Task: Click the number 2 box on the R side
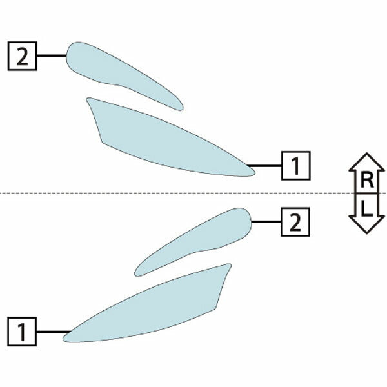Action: (x=22, y=56)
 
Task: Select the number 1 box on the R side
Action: (x=296, y=166)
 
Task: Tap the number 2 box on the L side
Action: (x=295, y=222)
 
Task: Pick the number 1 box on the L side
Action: (x=22, y=332)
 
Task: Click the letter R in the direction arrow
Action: (x=367, y=180)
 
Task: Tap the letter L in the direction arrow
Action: (x=366, y=208)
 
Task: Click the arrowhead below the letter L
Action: (x=367, y=224)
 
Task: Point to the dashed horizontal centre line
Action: (x=193, y=193)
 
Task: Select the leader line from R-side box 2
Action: (x=52, y=55)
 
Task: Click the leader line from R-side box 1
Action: (x=264, y=166)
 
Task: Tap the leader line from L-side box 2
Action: (x=266, y=222)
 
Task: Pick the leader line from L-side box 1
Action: (x=54, y=332)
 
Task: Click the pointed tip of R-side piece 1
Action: (x=255, y=174)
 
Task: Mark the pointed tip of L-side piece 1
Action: (x=63, y=340)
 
